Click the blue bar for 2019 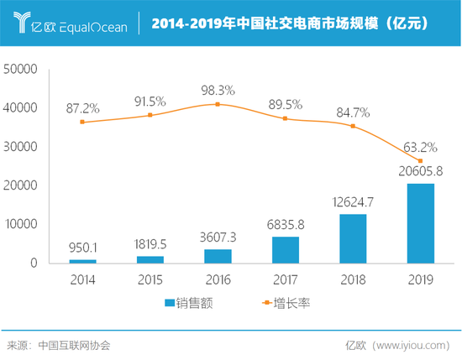click(x=420, y=223)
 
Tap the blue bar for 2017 click(x=286, y=249)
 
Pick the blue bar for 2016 click(x=218, y=256)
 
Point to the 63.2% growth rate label click(x=420, y=146)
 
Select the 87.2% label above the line click(x=83, y=108)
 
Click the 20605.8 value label click(x=420, y=171)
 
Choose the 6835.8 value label click(x=286, y=224)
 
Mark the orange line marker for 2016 click(x=218, y=104)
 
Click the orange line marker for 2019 click(x=420, y=161)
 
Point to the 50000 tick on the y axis click(x=21, y=69)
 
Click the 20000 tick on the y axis click(x=21, y=185)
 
